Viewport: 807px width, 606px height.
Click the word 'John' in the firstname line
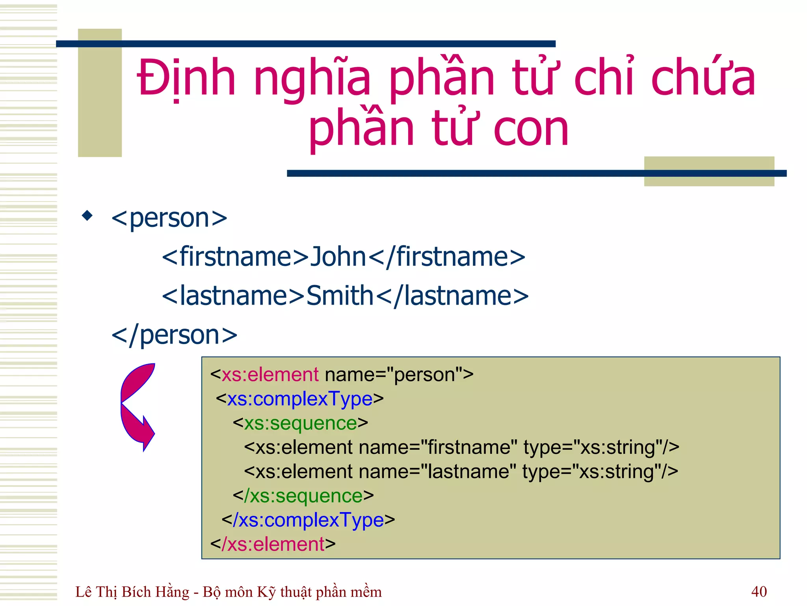click(338, 256)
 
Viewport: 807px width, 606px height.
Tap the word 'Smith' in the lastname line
click(340, 296)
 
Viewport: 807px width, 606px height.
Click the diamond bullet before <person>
click(87, 215)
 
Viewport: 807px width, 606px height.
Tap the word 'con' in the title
click(531, 129)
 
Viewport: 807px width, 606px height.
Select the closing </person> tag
click(174, 335)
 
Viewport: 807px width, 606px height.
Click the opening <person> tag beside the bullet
click(169, 218)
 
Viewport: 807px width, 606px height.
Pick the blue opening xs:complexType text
click(300, 399)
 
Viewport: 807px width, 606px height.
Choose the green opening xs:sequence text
click(300, 423)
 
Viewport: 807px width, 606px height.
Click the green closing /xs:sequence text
click(303, 496)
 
